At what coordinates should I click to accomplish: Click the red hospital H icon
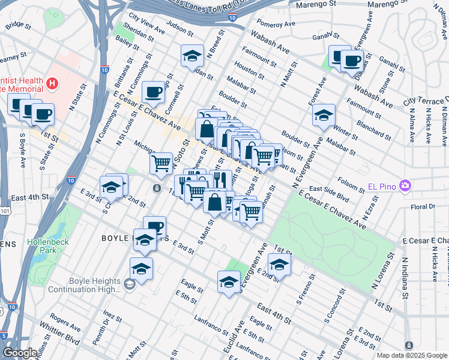click(x=53, y=82)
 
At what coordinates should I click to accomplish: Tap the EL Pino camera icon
click(x=405, y=185)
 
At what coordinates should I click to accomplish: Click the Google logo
click(x=20, y=353)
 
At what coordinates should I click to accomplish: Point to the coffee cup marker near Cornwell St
click(x=154, y=92)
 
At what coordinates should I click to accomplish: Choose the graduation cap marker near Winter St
click(x=324, y=114)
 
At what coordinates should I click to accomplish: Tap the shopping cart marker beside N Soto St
click(x=161, y=163)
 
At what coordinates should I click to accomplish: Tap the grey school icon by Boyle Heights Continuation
click(x=130, y=283)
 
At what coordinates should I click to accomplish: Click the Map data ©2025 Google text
click(x=411, y=355)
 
